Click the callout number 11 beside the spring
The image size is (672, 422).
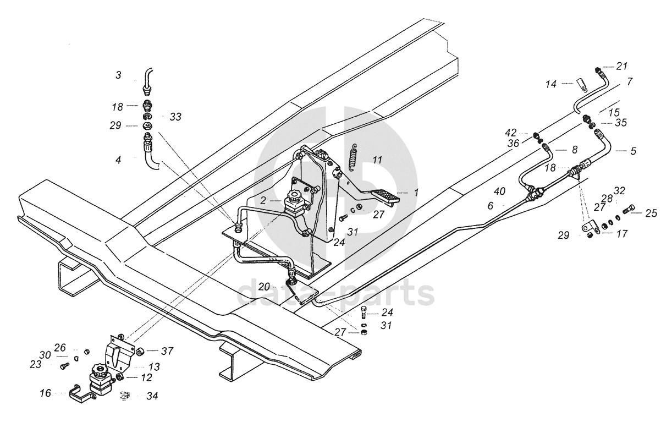[377, 160]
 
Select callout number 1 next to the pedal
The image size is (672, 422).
[416, 193]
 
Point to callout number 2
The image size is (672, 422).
[263, 200]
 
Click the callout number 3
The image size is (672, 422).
[118, 75]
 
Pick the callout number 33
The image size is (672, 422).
[175, 117]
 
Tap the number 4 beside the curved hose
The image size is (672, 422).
[118, 160]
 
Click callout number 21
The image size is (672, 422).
[621, 67]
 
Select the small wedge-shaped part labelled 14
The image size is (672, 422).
[582, 85]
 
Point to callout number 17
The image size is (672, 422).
[621, 233]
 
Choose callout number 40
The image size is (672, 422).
[499, 191]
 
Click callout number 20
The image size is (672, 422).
[264, 287]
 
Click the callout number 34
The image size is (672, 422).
[152, 396]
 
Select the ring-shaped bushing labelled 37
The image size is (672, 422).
[140, 352]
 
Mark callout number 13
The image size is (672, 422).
[153, 367]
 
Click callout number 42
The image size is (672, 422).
[511, 133]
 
